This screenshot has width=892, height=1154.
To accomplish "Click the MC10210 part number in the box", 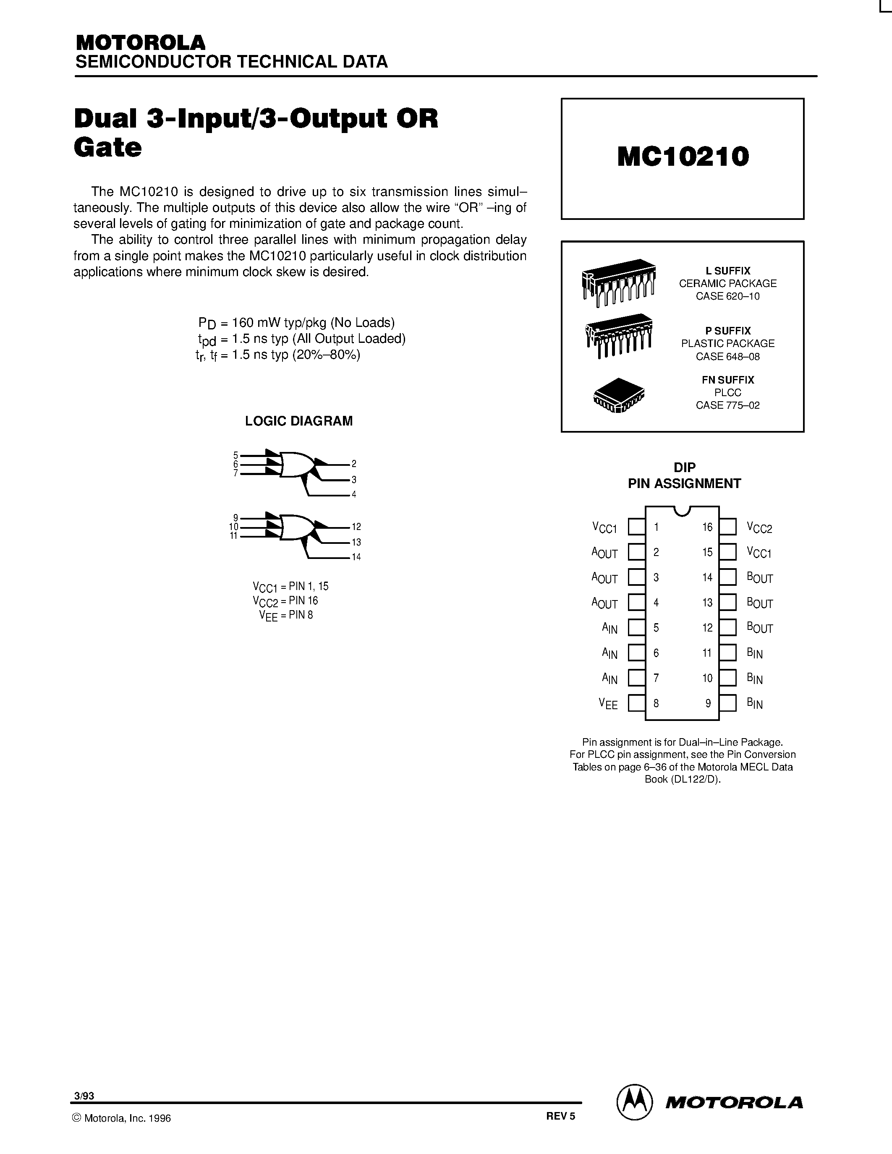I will click(x=683, y=157).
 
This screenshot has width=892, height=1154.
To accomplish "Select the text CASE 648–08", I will click(x=727, y=357).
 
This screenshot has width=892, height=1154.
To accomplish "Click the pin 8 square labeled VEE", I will click(x=636, y=703).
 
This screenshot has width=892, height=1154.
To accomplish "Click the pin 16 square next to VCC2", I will click(x=727, y=527).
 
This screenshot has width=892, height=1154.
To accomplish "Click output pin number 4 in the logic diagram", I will click(x=354, y=495).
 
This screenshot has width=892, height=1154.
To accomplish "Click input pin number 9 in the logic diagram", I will click(x=235, y=517).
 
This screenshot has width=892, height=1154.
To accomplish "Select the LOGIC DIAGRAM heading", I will click(x=298, y=421).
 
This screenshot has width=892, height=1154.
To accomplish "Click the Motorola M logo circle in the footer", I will click(x=635, y=1102).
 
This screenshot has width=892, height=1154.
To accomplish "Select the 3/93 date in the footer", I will click(x=84, y=1096).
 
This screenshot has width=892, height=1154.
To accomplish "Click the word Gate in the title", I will click(x=108, y=147).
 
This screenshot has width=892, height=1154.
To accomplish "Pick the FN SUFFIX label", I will click(x=727, y=380).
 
